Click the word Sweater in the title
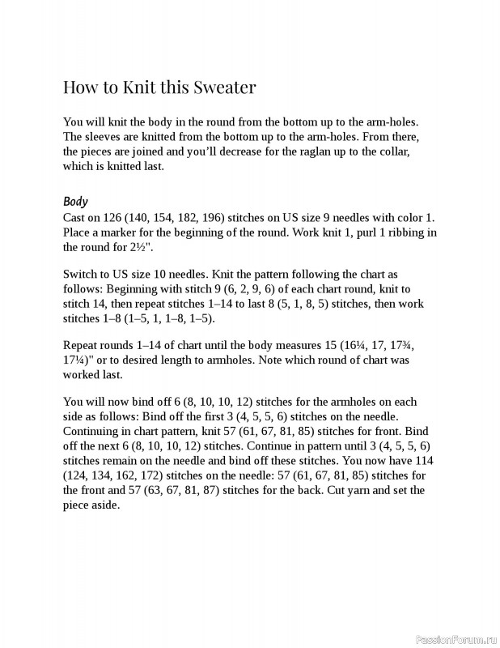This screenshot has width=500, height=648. (217, 87)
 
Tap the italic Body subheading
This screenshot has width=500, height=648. (75, 202)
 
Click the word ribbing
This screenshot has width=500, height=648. (400, 232)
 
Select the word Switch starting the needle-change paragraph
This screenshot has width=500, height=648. (80, 274)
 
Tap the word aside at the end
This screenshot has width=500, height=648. (103, 505)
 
